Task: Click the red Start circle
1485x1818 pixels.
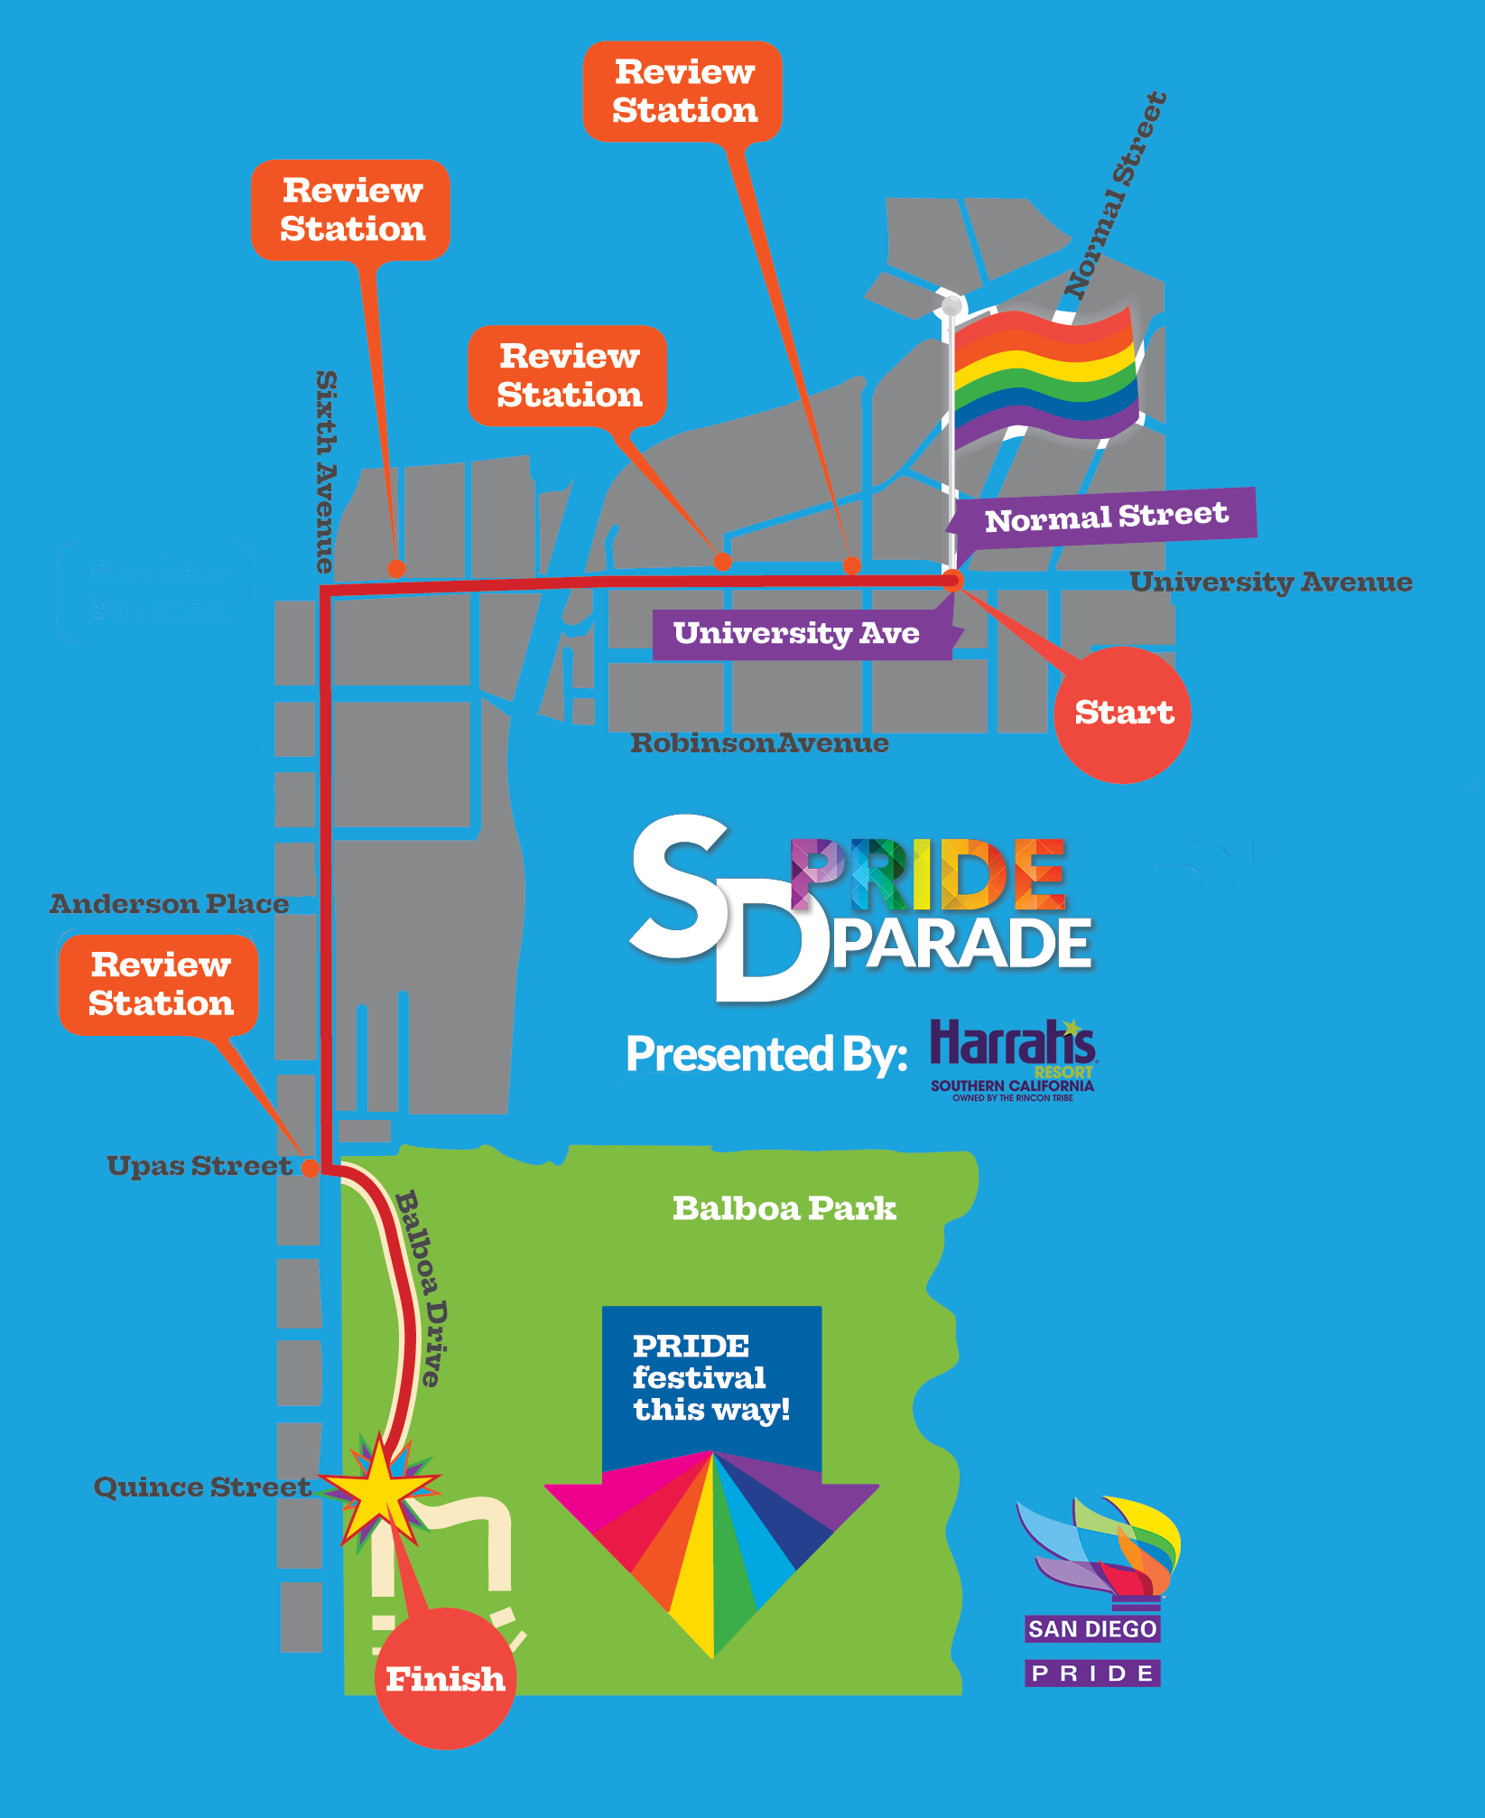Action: [x=1122, y=714]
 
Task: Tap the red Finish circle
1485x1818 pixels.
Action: [x=445, y=1679]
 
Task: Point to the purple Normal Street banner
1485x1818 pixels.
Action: [x=1105, y=517]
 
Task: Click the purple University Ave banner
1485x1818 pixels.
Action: [x=797, y=633]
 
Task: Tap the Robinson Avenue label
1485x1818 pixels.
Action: [x=759, y=743]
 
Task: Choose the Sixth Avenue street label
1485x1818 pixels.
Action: [x=326, y=471]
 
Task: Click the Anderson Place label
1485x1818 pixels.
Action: [x=169, y=904]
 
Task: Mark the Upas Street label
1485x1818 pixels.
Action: [x=199, y=1166]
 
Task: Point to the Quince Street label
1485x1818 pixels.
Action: [x=202, y=1487]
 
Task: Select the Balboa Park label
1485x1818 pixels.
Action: [x=784, y=1208]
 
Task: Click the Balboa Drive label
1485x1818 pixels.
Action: [x=422, y=1288]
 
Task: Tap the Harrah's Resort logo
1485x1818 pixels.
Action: [x=1013, y=1059]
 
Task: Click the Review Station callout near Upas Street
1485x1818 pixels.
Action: [x=159, y=985]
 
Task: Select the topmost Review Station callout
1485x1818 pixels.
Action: [x=683, y=91]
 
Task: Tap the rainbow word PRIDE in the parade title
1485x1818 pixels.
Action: [x=928, y=874]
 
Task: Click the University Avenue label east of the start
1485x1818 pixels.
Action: [x=1270, y=583]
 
